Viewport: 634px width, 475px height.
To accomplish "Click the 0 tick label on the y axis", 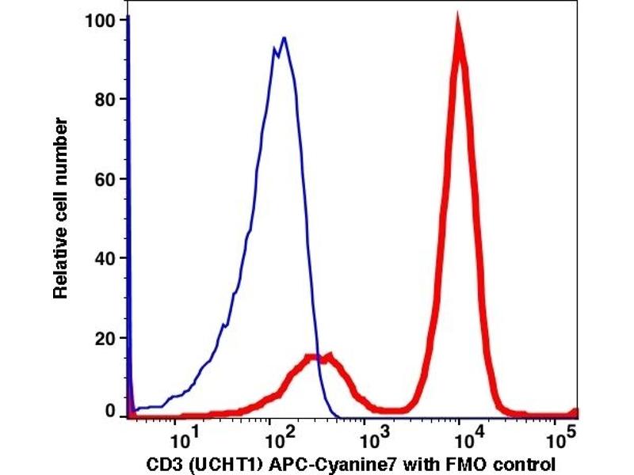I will [111, 412].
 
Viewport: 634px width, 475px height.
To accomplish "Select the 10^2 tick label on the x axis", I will [276, 435].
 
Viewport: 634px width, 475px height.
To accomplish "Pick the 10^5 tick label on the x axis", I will [560, 435].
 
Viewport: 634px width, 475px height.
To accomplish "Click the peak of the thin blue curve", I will [283, 37].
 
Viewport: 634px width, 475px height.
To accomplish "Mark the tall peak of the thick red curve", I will [457, 24].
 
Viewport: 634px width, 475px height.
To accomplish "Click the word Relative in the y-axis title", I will [60, 268].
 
